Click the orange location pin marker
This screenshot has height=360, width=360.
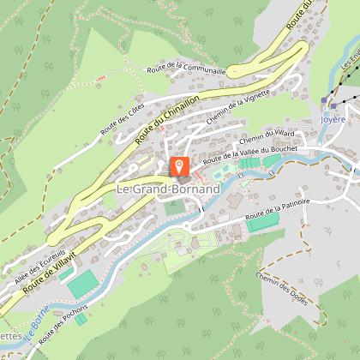coord(180,167)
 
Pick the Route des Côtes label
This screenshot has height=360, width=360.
coord(120,119)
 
